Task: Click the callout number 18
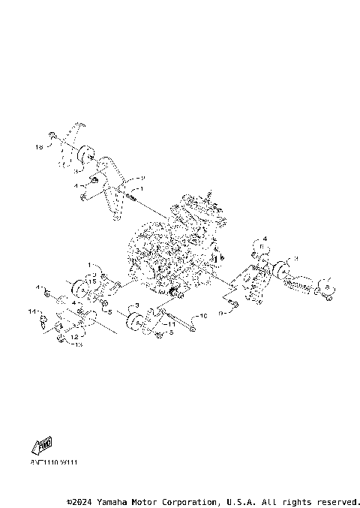[x=39, y=148]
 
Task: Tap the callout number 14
[x=32, y=311]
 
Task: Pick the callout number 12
[x=75, y=337]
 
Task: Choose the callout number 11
[x=171, y=324]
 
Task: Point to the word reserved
[x=338, y=501]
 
